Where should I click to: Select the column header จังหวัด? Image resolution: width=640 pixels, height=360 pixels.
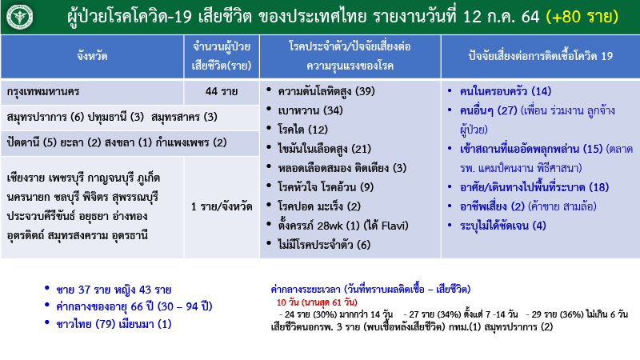click(x=92, y=56)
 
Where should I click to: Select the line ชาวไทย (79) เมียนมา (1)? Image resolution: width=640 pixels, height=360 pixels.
click(x=111, y=324)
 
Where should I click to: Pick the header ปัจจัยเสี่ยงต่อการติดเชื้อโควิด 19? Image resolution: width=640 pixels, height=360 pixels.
click(x=541, y=56)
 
